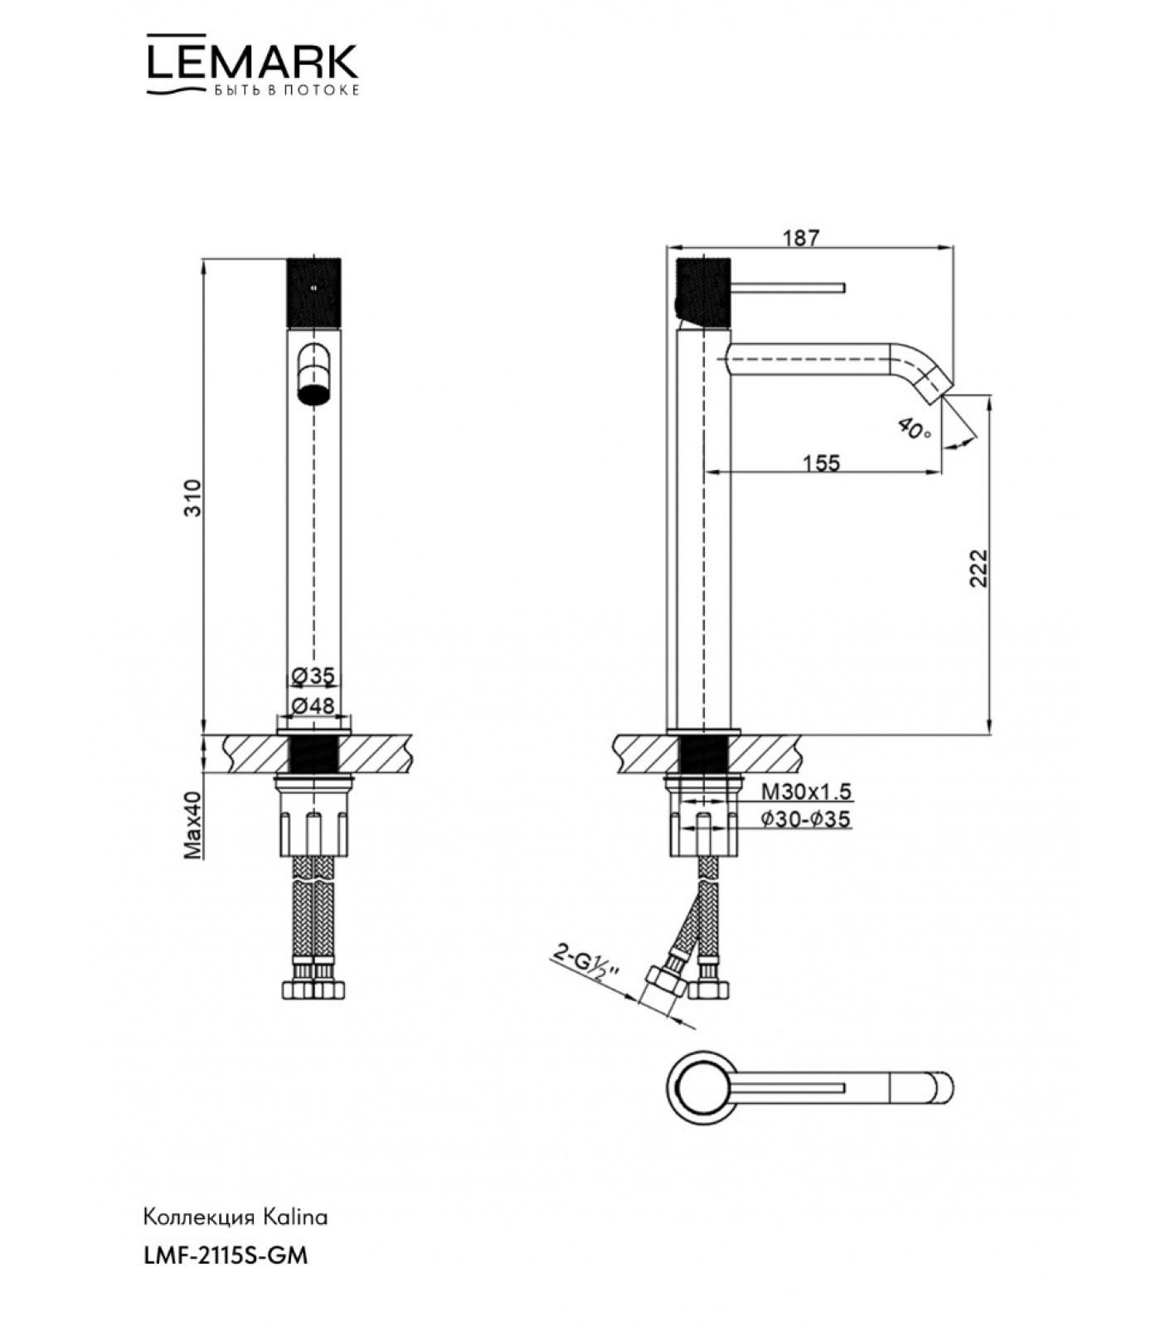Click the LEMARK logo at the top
coord(253,65)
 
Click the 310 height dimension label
coord(192,497)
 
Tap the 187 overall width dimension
coord(801,238)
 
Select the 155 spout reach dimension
coord(821,462)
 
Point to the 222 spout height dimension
coord(979,568)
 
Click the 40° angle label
coord(915,428)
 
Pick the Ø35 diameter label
coord(313,676)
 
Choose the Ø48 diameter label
coord(313,705)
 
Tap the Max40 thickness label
coord(192,824)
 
